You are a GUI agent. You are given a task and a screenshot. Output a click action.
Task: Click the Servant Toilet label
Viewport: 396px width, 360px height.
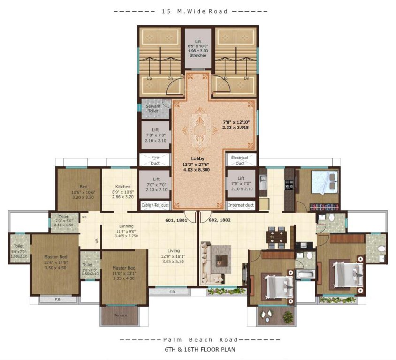[153, 108]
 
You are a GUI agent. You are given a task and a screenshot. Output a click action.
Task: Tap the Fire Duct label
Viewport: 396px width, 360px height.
[155, 160]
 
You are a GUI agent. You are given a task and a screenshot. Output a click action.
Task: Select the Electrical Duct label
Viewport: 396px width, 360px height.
[240, 160]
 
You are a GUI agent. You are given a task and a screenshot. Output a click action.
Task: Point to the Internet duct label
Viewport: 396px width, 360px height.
[240, 205]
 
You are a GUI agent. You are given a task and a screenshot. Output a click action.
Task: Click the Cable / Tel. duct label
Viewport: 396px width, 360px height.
[155, 205]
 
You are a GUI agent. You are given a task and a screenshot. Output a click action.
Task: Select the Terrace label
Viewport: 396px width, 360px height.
[121, 315]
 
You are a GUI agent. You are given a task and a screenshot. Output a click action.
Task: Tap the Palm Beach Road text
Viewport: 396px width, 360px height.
[198, 339]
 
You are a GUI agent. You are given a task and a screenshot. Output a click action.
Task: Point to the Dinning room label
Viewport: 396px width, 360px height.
[126, 225]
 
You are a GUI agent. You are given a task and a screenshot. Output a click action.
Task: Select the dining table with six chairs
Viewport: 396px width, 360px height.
[276, 235]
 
